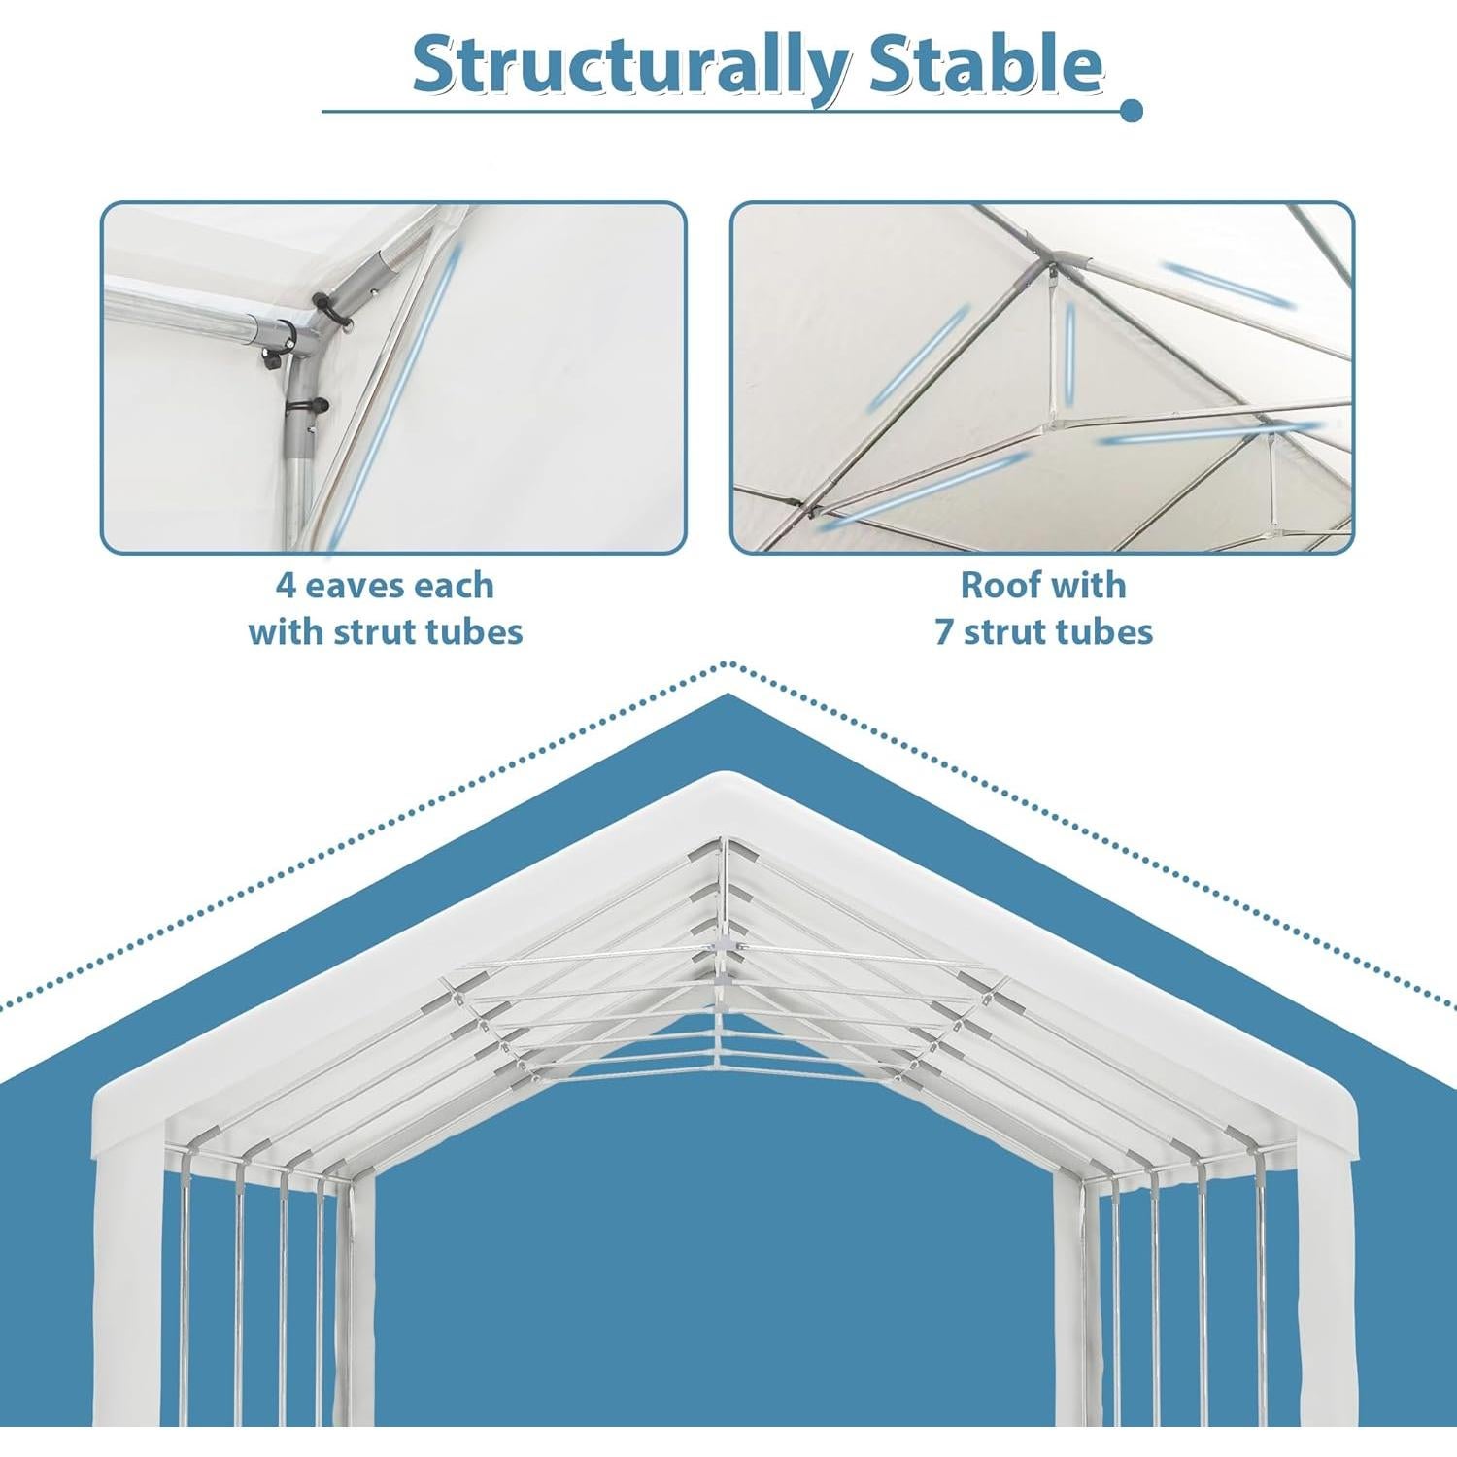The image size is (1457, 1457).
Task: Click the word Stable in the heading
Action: (x=985, y=64)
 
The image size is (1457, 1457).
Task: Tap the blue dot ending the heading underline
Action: (x=1131, y=111)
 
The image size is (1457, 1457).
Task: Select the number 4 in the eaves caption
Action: (x=286, y=586)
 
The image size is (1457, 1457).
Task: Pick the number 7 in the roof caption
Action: (x=944, y=631)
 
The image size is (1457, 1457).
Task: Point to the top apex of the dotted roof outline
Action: (x=727, y=665)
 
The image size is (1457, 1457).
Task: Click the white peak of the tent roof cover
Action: (x=727, y=782)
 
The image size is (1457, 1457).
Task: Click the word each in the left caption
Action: (x=450, y=586)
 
